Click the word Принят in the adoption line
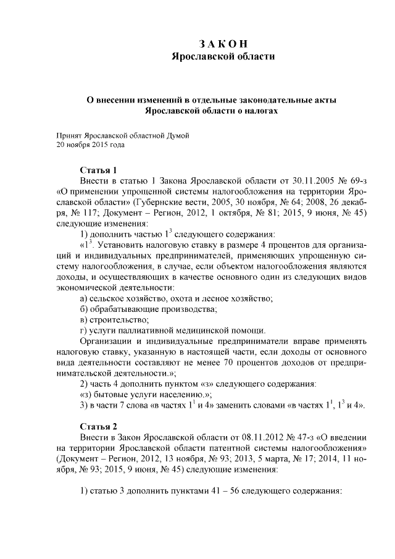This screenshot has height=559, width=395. (69, 134)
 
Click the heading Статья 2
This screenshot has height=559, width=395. (98, 426)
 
